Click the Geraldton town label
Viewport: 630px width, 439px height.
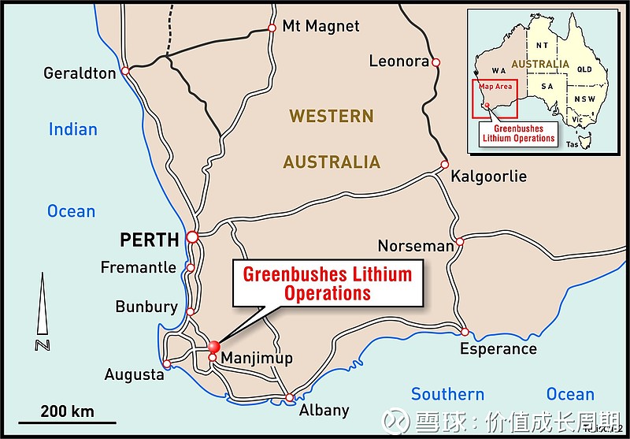pos(80,73)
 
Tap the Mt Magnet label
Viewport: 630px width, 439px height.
pos(321,27)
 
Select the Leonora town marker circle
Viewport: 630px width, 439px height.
pos(435,61)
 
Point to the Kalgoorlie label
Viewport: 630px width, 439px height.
pos(488,176)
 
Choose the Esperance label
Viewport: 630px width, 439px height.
pos(498,349)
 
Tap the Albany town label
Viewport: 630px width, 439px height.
pos(324,410)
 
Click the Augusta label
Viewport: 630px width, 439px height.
pos(134,375)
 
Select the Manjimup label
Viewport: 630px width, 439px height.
pos(257,359)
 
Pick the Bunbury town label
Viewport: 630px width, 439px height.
pos(146,307)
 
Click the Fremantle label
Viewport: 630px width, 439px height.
pos(139,267)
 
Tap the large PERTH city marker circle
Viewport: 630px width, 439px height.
pos(192,236)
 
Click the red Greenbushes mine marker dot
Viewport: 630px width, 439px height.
pos(213,346)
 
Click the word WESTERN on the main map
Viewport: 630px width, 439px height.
pos(331,116)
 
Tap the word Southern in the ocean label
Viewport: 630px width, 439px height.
pos(447,394)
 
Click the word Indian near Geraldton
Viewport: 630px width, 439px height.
pos(73,129)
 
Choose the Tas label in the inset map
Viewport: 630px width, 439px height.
pos(573,144)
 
